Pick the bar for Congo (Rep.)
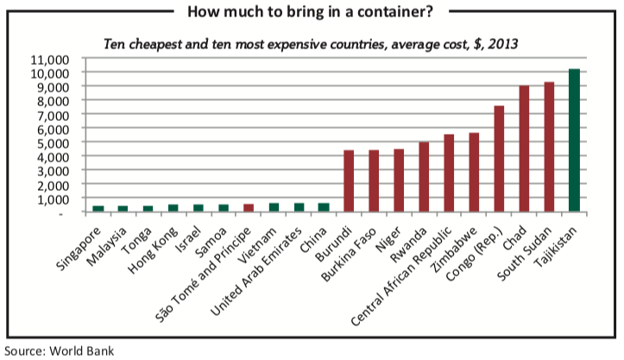499,159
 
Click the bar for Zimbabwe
473,173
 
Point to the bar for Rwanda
424,177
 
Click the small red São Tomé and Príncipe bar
248,208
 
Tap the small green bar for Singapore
98,209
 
